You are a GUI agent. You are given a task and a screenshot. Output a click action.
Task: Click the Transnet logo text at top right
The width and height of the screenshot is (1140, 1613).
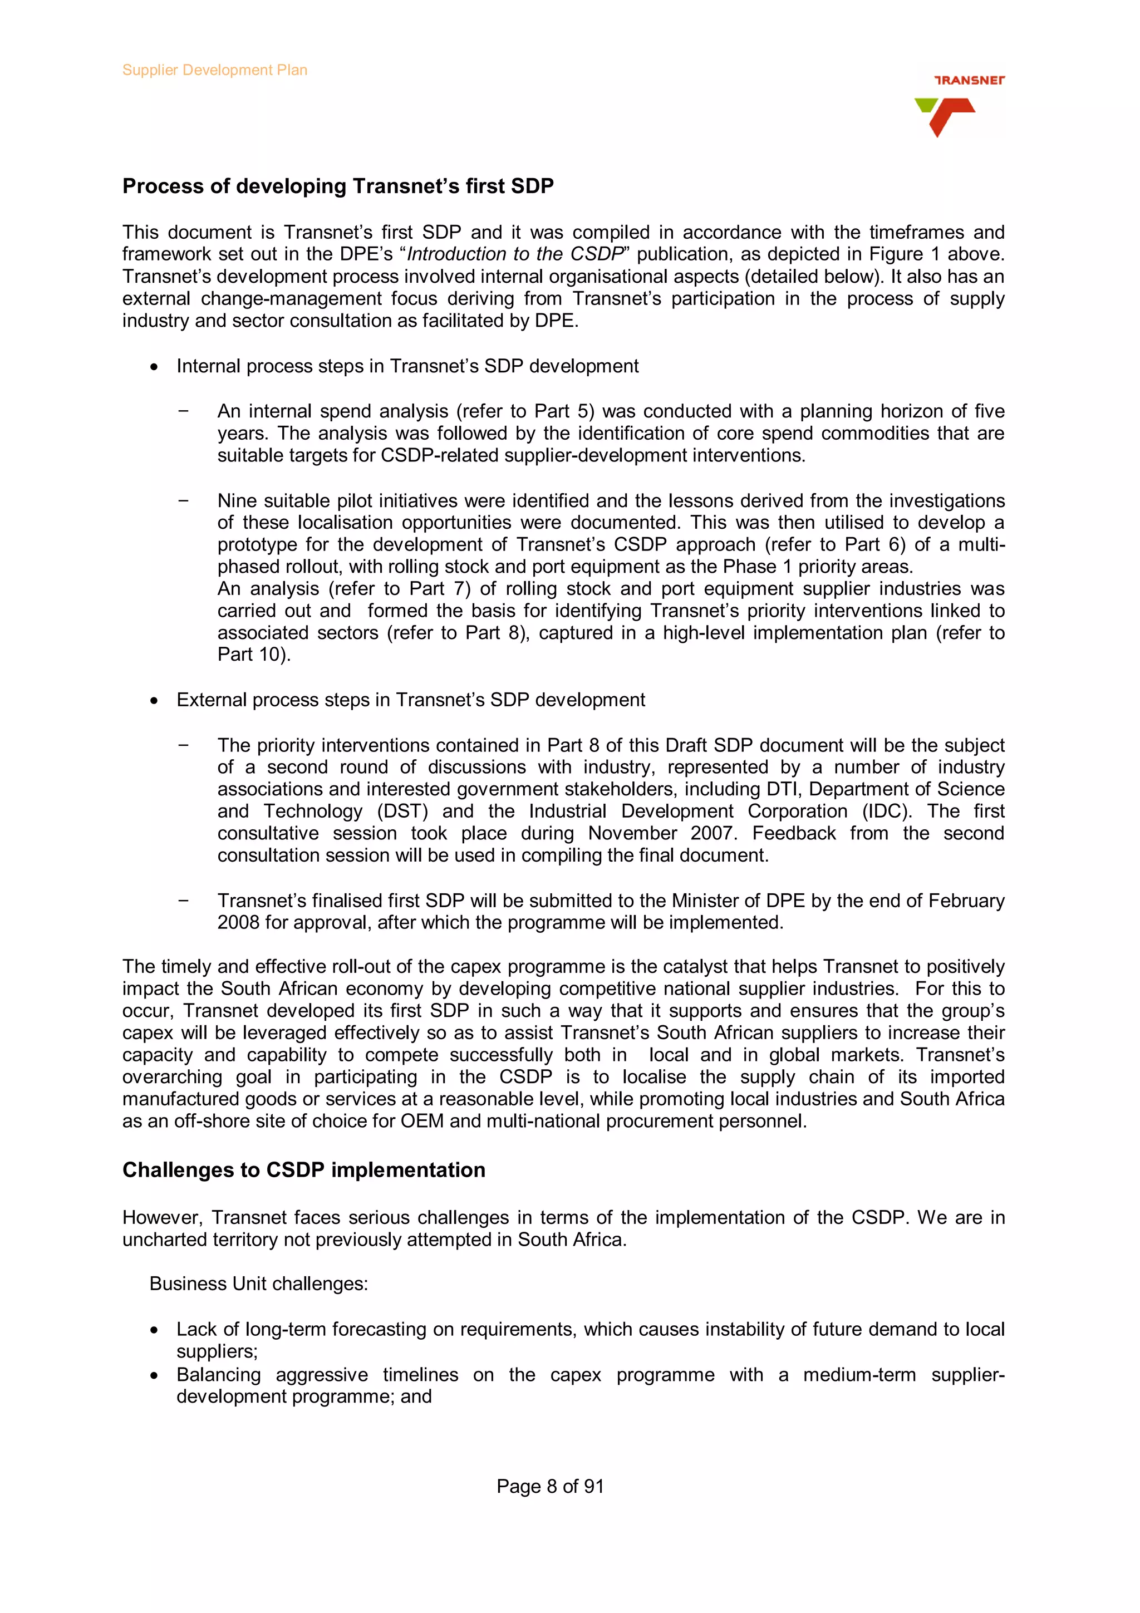tap(969, 80)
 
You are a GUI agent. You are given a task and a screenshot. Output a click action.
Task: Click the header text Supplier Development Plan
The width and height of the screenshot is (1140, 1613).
tap(214, 70)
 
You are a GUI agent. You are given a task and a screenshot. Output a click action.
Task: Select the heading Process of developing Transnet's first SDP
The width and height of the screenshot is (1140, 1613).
tap(338, 186)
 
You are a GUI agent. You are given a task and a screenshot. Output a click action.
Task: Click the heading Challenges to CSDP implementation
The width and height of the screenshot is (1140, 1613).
tap(303, 1170)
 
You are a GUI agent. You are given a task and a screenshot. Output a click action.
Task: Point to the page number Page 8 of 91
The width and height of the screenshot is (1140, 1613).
tap(549, 1486)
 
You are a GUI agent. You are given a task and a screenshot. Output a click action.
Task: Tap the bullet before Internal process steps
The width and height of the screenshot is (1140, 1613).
tap(154, 367)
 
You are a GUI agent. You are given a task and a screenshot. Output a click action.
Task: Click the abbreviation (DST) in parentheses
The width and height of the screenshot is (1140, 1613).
tap(402, 812)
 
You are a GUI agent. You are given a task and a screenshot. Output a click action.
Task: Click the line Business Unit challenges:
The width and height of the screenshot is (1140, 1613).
tap(258, 1284)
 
